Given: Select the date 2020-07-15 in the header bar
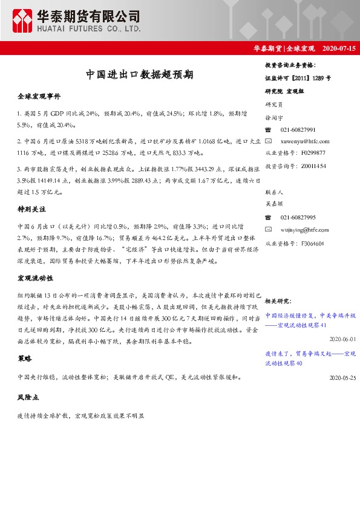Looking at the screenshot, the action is pyautogui.click(x=340, y=48).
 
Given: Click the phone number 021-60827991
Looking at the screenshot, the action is pyautogui.click(x=298, y=129).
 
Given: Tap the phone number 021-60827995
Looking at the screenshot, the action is pyautogui.click(x=298, y=218).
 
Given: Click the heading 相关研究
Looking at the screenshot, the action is pyautogui.click(x=278, y=300).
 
